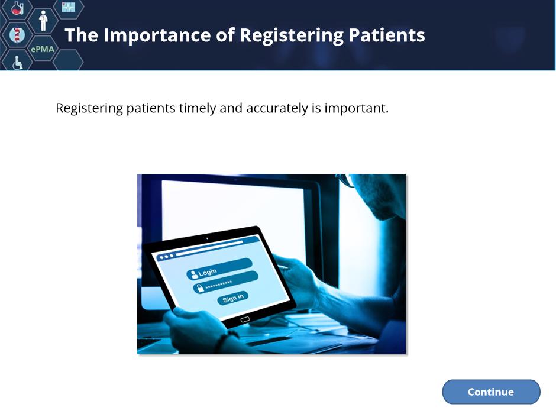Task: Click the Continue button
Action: (x=491, y=392)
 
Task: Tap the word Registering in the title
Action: (x=292, y=36)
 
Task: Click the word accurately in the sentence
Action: (x=277, y=108)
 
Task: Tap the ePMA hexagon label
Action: (x=43, y=49)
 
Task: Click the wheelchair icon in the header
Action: (x=17, y=63)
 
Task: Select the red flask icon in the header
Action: (x=17, y=8)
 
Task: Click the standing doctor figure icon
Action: (x=43, y=21)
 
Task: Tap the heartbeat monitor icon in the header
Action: (x=68, y=7)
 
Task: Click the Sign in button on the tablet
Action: (x=232, y=298)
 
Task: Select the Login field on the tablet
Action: (x=219, y=270)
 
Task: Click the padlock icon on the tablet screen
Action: (x=201, y=288)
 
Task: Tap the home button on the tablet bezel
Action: (x=245, y=319)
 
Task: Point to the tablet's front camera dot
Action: (x=208, y=238)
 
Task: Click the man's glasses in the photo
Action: (x=347, y=180)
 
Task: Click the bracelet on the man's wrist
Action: (x=222, y=341)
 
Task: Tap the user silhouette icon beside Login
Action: (x=194, y=274)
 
